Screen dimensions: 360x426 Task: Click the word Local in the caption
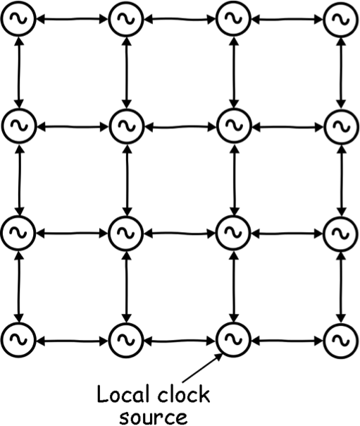click(x=123, y=394)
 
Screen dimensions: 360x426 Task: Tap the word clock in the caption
click(x=184, y=394)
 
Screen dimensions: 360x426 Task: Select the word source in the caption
click(x=154, y=417)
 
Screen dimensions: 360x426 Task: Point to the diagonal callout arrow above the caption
click(x=202, y=368)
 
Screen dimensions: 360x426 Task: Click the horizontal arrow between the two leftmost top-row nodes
click(x=72, y=19)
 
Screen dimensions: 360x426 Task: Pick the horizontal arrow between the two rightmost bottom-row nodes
click(x=287, y=340)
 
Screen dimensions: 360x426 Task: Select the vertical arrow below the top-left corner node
click(x=19, y=72)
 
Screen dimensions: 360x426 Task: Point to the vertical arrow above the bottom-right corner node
click(x=341, y=286)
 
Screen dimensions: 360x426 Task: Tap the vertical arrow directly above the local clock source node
click(x=234, y=286)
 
